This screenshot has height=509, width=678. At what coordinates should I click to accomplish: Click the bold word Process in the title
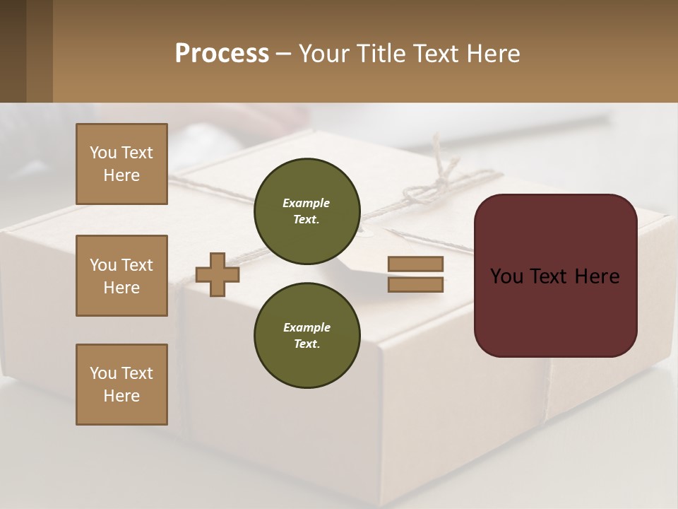[222, 54]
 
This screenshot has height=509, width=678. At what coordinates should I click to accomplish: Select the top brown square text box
[121, 164]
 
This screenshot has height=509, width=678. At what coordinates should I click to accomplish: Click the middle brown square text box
[121, 276]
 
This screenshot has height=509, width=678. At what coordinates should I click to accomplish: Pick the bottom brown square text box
[121, 385]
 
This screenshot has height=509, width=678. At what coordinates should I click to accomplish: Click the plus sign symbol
[218, 274]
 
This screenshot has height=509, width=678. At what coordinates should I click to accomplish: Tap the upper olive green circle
[307, 211]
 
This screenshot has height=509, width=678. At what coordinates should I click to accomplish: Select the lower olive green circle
[307, 336]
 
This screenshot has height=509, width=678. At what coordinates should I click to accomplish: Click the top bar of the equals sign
[415, 264]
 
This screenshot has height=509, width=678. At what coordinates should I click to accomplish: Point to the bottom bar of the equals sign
[415, 284]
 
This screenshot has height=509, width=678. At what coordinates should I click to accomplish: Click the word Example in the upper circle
[307, 203]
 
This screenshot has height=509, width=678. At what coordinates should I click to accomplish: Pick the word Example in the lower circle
[307, 327]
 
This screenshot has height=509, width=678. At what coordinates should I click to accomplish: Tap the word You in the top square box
[103, 153]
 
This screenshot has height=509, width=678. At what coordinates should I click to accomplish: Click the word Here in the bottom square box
[121, 396]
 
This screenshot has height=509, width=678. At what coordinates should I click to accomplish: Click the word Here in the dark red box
[597, 276]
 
